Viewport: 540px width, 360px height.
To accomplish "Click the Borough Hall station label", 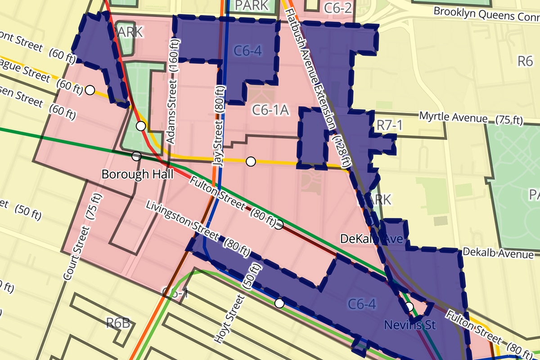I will click(137, 174).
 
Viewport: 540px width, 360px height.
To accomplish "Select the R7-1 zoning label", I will click(389, 126).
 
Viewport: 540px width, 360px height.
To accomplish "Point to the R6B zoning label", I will click(118, 323).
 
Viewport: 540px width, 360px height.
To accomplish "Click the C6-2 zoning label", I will click(337, 6).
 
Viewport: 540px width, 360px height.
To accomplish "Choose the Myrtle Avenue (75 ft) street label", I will click(471, 118).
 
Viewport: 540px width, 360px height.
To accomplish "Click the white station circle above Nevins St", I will click(409, 307).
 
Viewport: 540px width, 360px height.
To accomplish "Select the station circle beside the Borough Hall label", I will click(136, 156).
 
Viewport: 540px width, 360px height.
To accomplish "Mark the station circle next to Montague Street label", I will click(90, 90).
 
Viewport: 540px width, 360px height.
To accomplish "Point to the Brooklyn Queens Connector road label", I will click(486, 16).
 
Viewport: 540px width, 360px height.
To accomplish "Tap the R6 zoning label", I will click(525, 61).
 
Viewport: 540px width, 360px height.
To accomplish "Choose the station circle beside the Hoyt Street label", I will click(279, 303).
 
